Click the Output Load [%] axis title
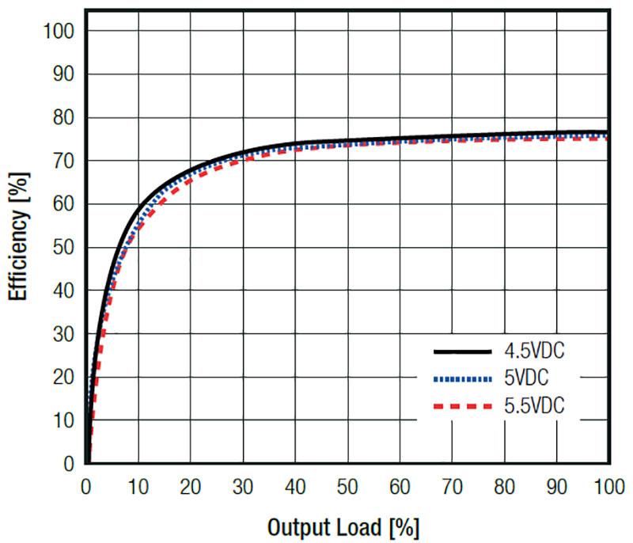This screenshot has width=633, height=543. [x=343, y=526]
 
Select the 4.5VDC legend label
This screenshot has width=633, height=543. [x=536, y=350]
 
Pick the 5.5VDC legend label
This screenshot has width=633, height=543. [x=536, y=408]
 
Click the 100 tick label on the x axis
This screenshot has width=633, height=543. [x=606, y=488]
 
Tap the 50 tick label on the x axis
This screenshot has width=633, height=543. [x=347, y=488]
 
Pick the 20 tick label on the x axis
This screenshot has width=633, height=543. [x=191, y=488]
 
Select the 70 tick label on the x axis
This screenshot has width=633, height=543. [x=452, y=488]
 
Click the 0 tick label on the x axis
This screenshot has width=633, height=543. [x=86, y=488]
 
